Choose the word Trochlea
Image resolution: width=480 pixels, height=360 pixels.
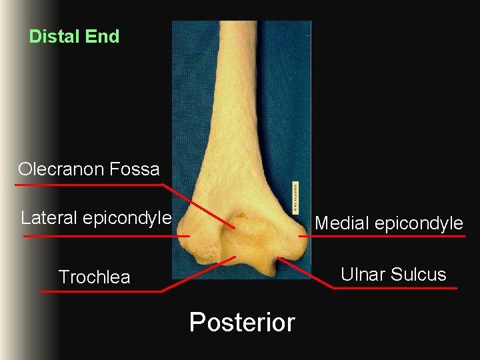pos(95,277)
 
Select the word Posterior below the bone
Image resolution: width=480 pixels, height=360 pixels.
pos(242,323)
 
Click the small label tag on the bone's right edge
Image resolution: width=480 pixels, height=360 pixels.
pos(295,196)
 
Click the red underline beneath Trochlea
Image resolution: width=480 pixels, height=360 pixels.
pos(100,291)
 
